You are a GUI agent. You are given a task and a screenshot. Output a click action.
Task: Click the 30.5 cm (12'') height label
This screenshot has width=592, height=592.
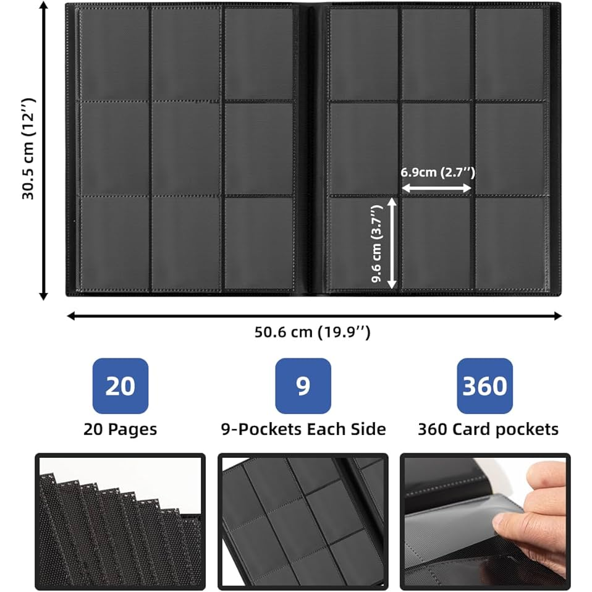coord(28,148)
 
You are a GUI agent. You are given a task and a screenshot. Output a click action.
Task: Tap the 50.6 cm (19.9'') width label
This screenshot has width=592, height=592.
coord(312,332)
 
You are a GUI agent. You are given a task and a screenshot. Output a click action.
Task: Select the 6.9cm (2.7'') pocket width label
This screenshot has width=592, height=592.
coord(438,172)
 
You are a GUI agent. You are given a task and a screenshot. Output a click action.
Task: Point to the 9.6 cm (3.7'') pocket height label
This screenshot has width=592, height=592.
coord(377,243)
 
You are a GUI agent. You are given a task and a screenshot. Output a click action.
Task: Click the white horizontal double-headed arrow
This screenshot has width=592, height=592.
coord(436,188)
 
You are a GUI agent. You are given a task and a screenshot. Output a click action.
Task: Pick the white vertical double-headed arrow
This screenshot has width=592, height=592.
coord(392,243)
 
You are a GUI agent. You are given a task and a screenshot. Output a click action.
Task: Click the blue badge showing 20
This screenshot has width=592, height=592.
coord(121,386)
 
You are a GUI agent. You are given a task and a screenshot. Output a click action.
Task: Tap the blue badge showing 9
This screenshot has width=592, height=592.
coord(303,386)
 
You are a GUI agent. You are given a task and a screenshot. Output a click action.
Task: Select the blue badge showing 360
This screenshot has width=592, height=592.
coord(484,386)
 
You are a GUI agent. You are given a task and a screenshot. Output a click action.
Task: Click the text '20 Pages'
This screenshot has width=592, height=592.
coord(120,429)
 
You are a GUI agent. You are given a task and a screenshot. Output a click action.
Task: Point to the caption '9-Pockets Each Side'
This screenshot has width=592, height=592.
coord(303,429)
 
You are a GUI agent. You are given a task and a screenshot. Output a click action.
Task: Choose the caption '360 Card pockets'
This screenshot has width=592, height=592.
coord(488,429)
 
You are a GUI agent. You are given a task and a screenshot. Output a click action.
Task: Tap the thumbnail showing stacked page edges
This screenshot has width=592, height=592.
coord(120,522)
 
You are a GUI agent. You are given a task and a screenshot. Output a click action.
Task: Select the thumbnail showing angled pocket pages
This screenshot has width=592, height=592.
coord(303,522)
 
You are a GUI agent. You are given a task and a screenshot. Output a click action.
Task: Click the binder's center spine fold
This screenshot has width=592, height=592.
coord(313,149)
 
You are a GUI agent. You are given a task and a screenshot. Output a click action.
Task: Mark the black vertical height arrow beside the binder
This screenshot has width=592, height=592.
coord(44,151)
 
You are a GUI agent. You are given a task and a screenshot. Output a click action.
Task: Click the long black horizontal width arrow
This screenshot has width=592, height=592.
coord(314,316)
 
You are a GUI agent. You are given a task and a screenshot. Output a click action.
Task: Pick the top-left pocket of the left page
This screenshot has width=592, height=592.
coord(114,54)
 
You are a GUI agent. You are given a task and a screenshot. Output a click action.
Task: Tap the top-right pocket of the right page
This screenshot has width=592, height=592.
coord(509,54)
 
